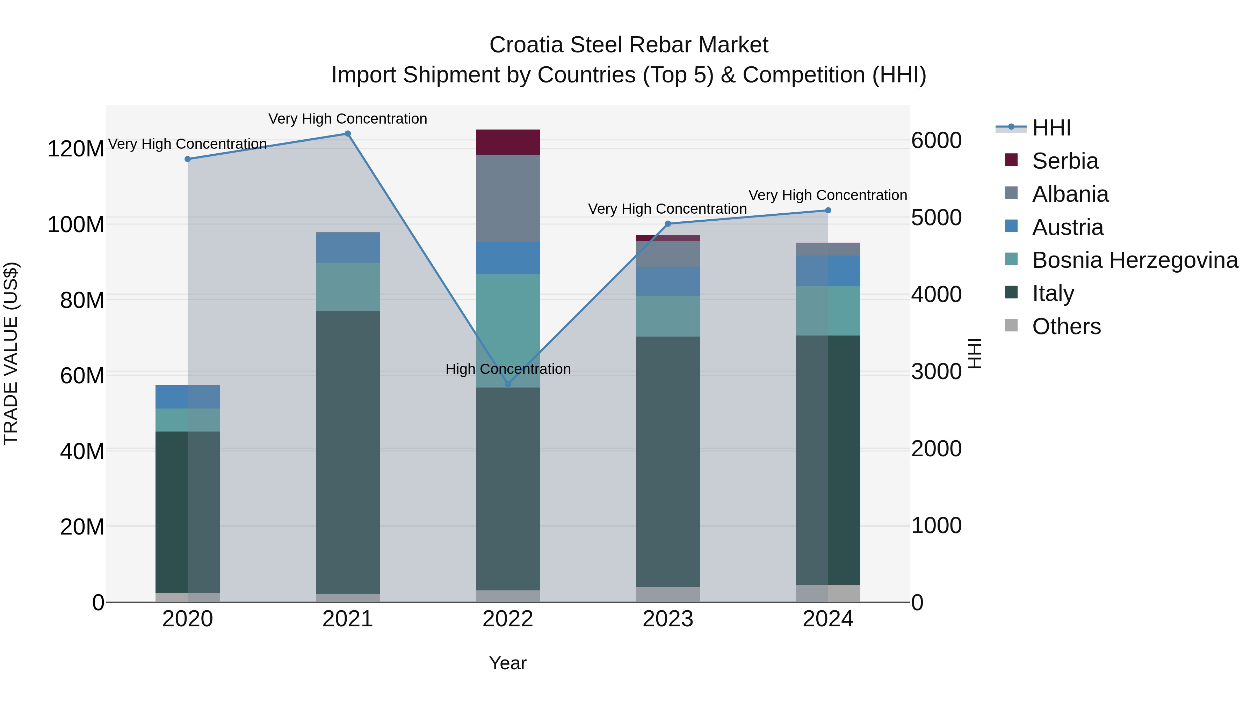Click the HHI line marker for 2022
[x=508, y=384]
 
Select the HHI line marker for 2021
[x=348, y=134]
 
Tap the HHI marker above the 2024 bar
[x=828, y=210]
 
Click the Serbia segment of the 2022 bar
[x=508, y=142]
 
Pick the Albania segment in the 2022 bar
[x=508, y=198]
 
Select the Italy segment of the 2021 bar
[x=348, y=452]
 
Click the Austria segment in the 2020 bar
[x=188, y=397]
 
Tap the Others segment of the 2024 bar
[x=828, y=593]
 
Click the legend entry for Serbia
[x=1065, y=161]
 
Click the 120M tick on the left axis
[x=76, y=148]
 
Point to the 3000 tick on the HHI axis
[x=936, y=371]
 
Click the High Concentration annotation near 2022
[x=508, y=369]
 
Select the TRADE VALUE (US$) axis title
[x=11, y=353]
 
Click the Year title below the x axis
[x=508, y=663]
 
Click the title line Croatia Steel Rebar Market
[x=629, y=45]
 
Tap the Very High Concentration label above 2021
[x=348, y=119]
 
